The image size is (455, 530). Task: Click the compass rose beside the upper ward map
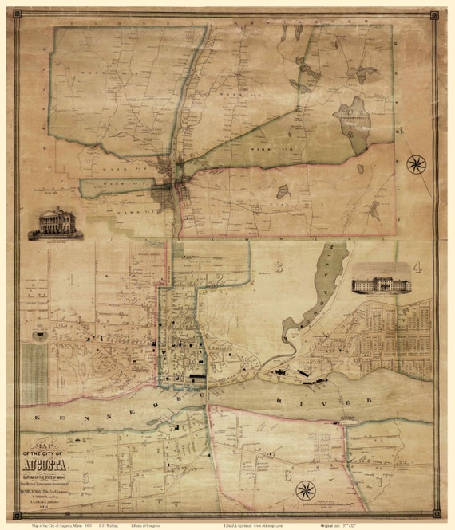point(416,165)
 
